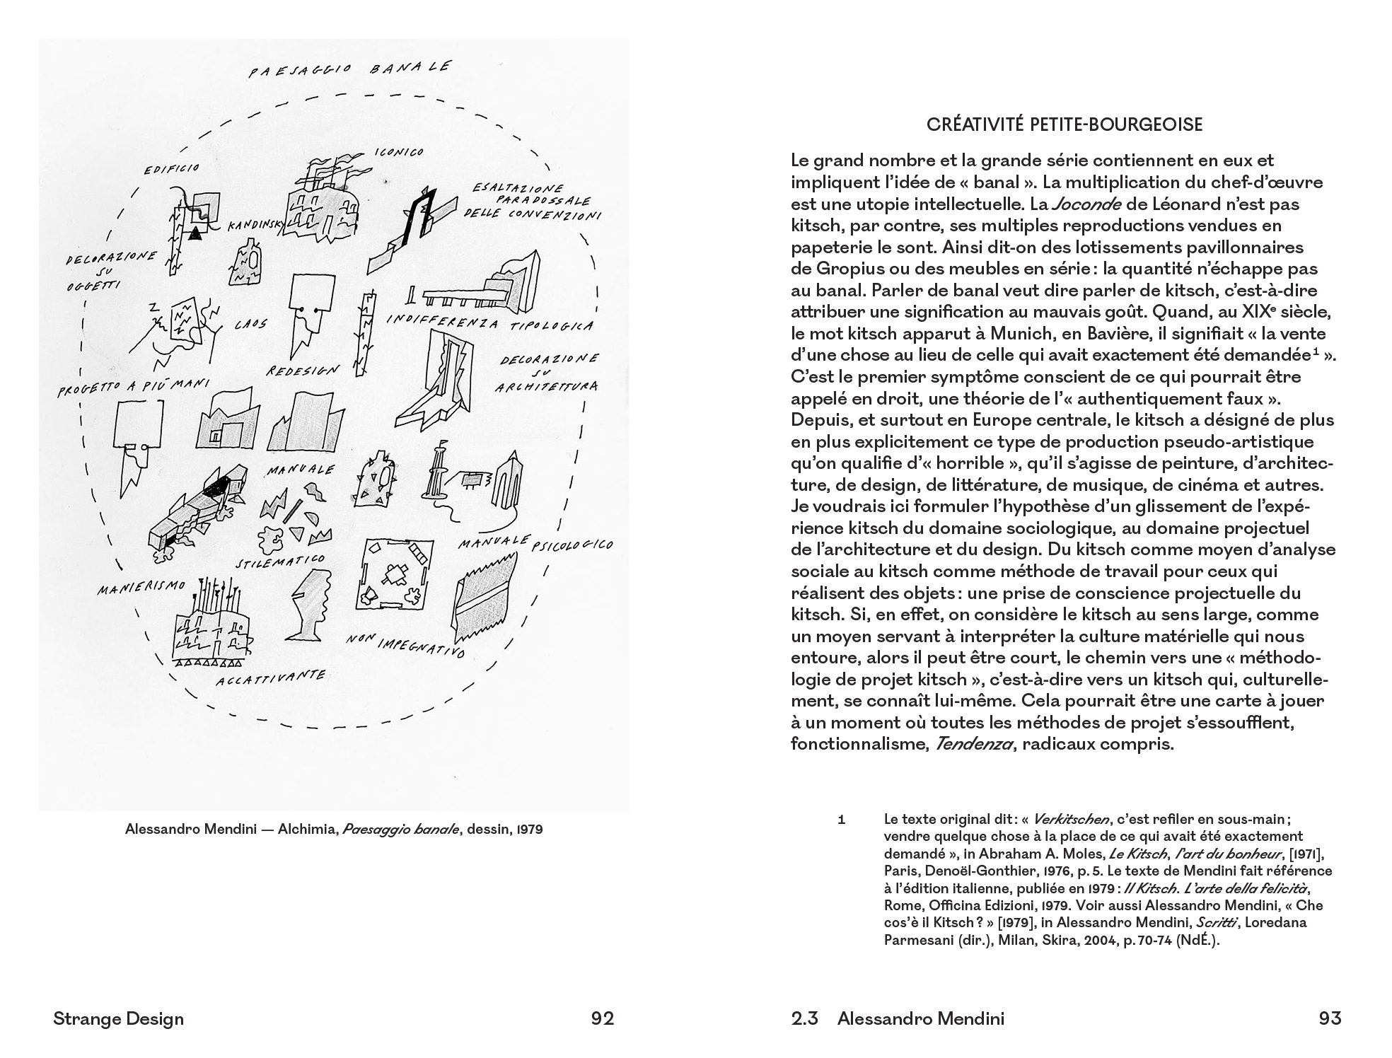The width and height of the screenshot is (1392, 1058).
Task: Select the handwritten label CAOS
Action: pyautogui.click(x=251, y=325)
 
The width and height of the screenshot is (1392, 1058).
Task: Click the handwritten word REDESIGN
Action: pyautogui.click(x=303, y=370)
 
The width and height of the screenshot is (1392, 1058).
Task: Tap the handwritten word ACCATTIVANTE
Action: pyautogui.click(x=270, y=678)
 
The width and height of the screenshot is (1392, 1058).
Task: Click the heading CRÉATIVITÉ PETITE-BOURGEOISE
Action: pyautogui.click(x=1065, y=125)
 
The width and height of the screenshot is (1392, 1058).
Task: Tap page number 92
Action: pyautogui.click(x=603, y=1018)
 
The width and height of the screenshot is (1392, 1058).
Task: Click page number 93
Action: pyautogui.click(x=1330, y=1018)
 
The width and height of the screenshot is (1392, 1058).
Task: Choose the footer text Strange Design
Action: pyautogui.click(x=118, y=1018)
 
